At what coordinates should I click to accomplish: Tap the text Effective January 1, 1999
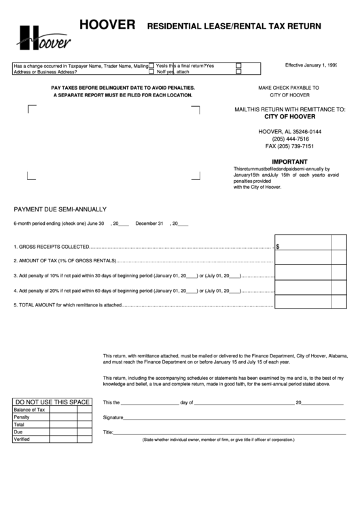tap(311, 65)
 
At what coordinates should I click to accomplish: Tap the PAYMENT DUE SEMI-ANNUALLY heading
tap(60, 209)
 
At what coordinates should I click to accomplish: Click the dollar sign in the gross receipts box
tap(278, 247)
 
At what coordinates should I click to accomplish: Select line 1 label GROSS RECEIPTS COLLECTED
tap(52, 247)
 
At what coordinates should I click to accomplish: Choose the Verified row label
tap(22, 439)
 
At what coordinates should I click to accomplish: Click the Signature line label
tap(113, 417)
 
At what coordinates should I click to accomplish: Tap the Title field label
tap(107, 432)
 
